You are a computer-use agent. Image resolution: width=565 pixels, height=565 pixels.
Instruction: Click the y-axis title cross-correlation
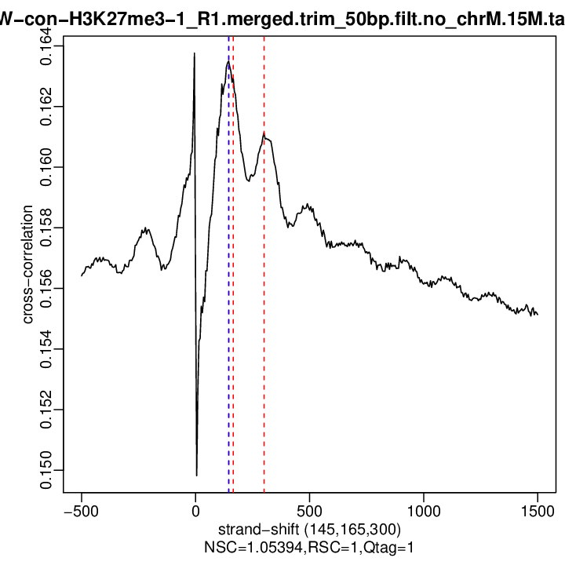click(27, 264)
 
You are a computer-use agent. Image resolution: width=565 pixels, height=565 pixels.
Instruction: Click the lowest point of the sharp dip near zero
click(196, 475)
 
